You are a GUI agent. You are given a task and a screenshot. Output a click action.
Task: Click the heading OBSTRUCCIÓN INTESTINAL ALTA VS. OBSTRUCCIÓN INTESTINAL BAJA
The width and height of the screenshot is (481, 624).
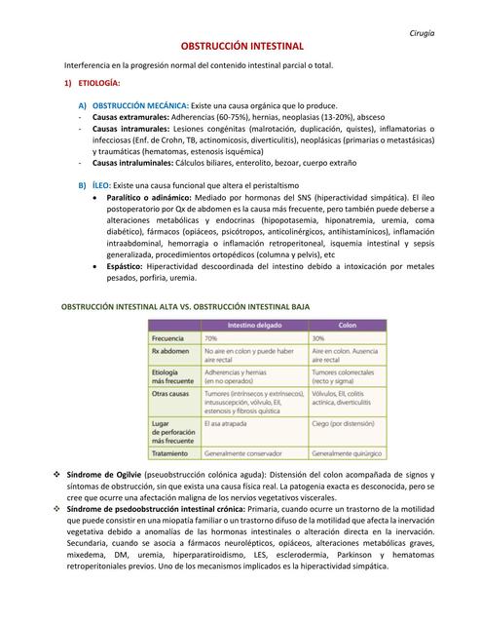point(186,306)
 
